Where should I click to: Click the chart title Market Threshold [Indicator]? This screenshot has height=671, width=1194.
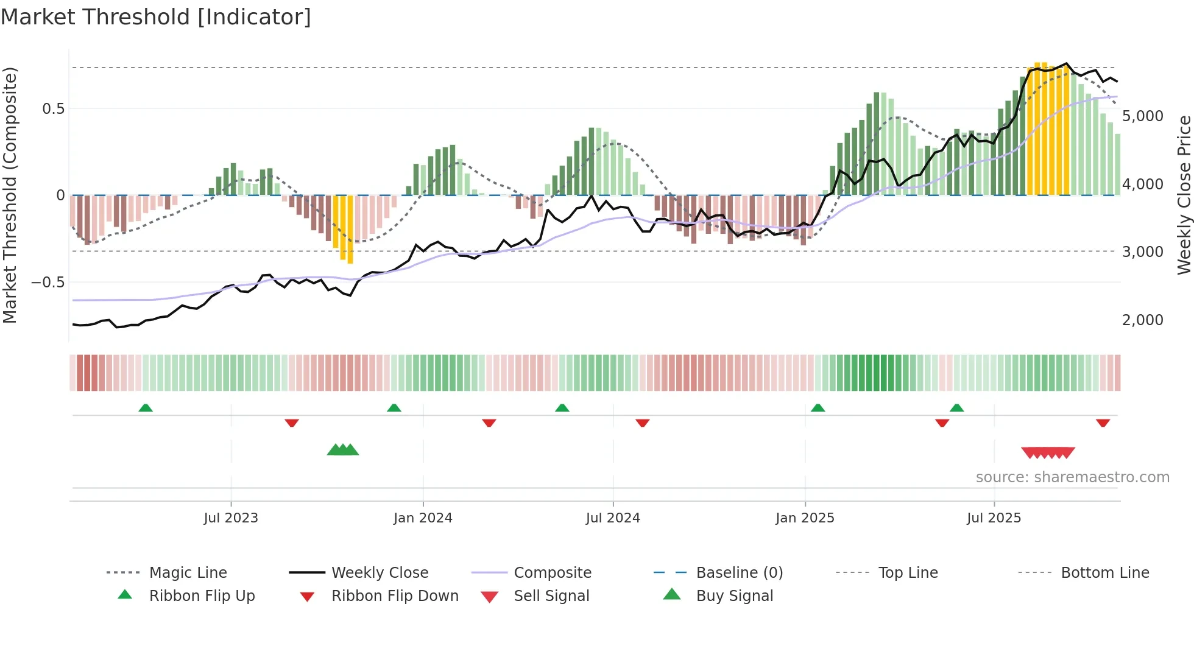pos(156,17)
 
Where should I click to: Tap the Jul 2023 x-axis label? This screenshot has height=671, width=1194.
pos(231,518)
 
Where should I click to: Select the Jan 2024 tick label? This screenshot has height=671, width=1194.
pos(423,518)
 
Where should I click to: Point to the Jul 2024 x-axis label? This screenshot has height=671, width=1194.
pos(613,518)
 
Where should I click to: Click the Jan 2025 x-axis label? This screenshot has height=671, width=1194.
pos(805,518)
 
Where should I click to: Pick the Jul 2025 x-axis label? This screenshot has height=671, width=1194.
pos(994,518)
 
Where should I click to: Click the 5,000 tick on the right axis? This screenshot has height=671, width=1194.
pos(1142,116)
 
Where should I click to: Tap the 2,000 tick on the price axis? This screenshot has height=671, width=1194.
pos(1142,320)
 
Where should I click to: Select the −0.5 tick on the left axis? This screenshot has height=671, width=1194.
pos(48,283)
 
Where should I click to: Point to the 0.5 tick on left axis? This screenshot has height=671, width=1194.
pos(53,109)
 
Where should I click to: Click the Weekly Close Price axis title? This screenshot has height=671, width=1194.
pos(1184,195)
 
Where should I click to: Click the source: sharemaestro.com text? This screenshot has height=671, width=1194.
pos(1072,477)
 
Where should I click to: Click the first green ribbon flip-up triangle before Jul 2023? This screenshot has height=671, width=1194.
pos(146,408)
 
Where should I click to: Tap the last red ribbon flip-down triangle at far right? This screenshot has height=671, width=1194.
pos(1103,423)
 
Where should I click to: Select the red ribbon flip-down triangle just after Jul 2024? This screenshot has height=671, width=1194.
pos(643,423)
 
